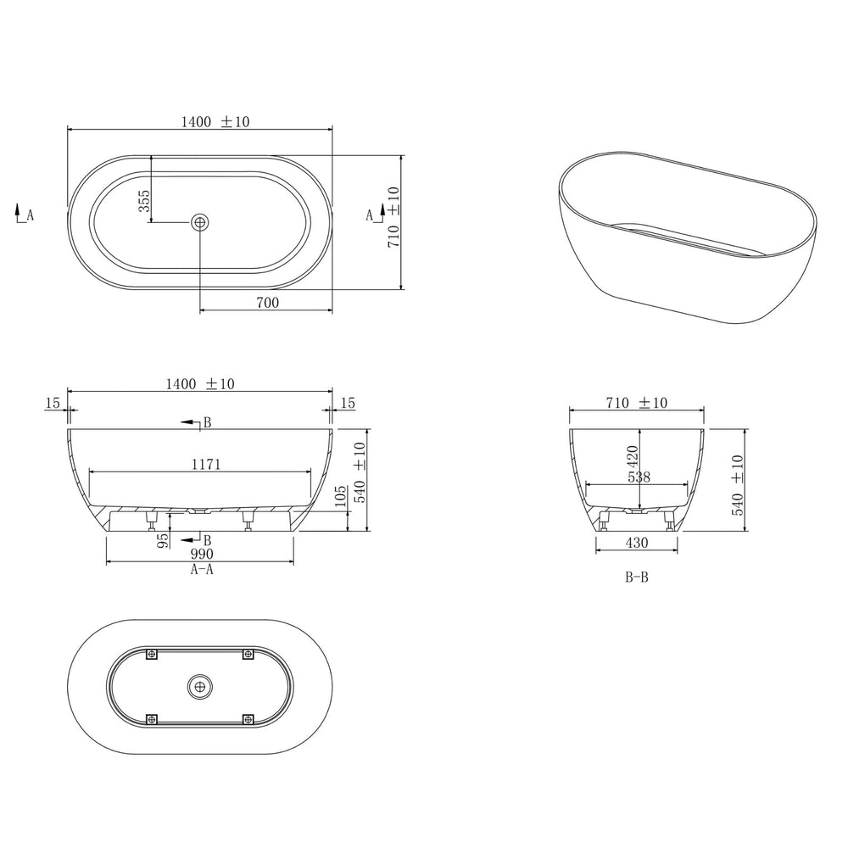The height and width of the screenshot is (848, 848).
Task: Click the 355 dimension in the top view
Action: click(x=144, y=200)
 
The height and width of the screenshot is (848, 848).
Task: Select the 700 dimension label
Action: click(x=265, y=301)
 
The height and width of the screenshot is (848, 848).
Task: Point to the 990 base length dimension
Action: click(x=201, y=555)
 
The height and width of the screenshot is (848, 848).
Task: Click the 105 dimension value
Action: click(x=341, y=498)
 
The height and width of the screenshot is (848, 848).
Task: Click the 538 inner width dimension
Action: click(x=638, y=477)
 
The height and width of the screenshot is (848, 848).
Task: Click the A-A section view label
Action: click(x=201, y=570)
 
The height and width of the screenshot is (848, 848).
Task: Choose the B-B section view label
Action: click(x=636, y=578)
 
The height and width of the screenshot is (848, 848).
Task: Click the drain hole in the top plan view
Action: click(x=200, y=222)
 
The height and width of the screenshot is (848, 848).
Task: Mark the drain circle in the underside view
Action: click(x=200, y=685)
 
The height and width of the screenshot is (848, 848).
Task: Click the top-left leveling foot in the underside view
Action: click(x=153, y=654)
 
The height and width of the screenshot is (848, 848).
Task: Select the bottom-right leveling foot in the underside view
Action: click(x=248, y=719)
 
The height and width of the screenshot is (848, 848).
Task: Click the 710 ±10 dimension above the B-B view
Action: click(x=636, y=403)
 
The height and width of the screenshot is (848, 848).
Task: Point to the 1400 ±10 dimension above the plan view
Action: click(x=215, y=121)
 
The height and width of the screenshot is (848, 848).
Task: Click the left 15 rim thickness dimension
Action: click(x=53, y=403)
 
